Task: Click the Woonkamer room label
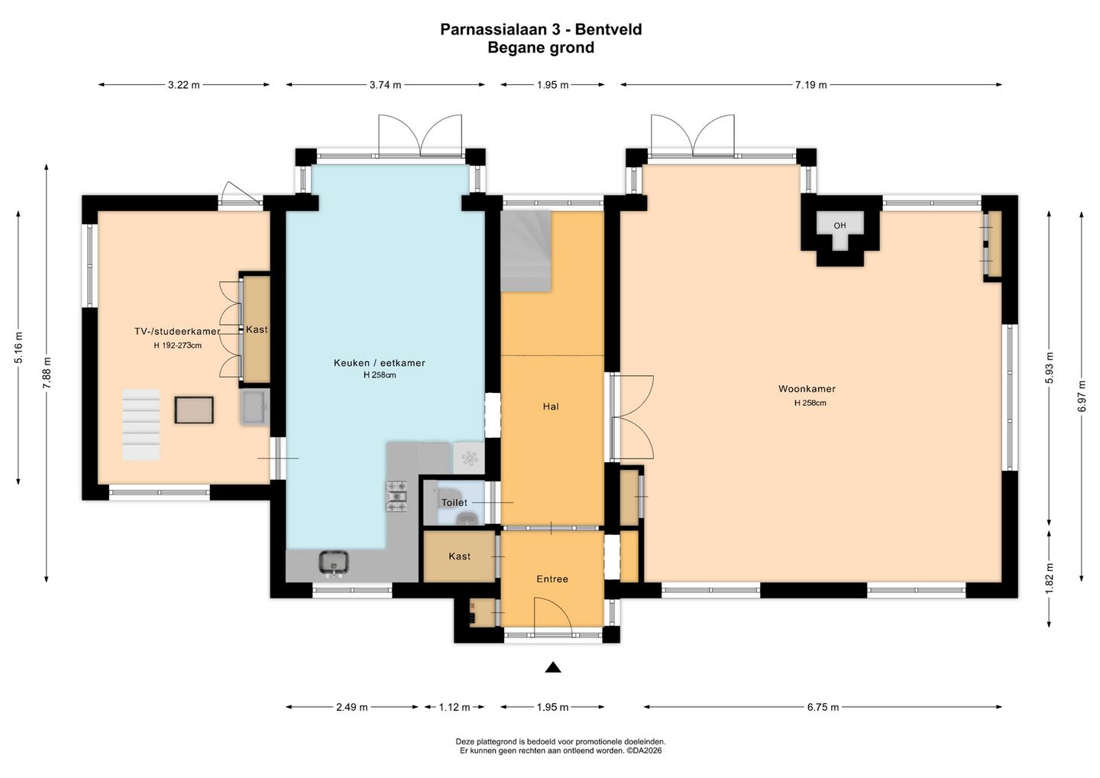(807, 389)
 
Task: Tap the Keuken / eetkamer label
(379, 363)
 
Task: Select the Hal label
(551, 407)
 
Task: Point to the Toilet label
(455, 502)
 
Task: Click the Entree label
(552, 579)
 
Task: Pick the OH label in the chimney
(840, 225)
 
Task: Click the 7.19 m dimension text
(810, 85)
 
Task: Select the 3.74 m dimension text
(385, 85)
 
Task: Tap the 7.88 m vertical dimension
(47, 373)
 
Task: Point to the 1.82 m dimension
(1049, 578)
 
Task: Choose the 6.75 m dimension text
(823, 707)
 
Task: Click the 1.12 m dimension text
(455, 707)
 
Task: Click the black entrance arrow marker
(553, 667)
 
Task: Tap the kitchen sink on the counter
(334, 562)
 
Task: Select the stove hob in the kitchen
(396, 496)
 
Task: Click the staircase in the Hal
(526, 251)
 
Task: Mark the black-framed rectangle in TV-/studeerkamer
(194, 410)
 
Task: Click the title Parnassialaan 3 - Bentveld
(541, 30)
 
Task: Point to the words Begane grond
(541, 47)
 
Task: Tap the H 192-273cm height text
(177, 345)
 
